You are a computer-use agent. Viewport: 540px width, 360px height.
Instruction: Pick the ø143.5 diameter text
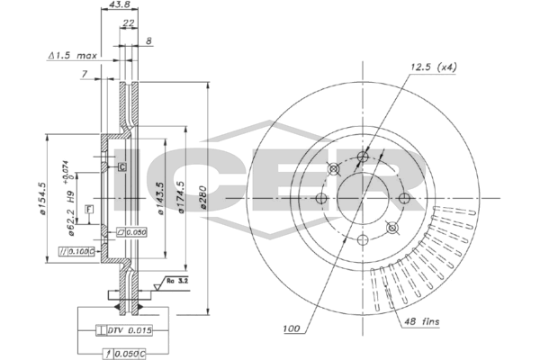point(162,200)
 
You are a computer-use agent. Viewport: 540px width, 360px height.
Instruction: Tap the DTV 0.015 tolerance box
point(128,331)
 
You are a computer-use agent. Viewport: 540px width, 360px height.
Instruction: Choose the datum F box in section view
point(89,209)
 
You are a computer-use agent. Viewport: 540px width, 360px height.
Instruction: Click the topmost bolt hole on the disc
point(363,158)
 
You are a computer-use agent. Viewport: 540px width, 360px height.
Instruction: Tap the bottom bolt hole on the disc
point(363,239)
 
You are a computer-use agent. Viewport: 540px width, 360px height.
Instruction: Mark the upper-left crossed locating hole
point(334,170)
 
